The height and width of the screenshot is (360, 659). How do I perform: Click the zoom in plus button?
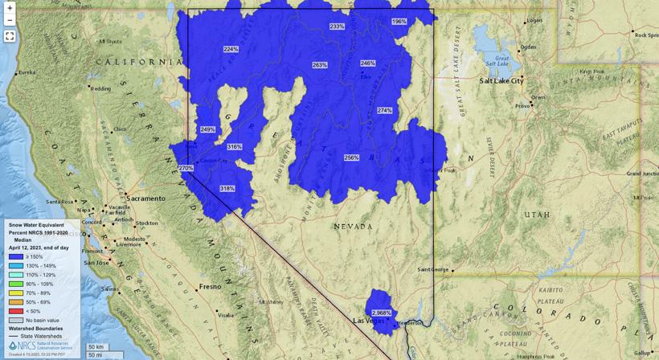tap(10, 8)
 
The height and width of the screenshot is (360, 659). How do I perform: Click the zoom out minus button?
tap(10, 20)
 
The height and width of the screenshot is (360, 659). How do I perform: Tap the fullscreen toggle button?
tap(10, 36)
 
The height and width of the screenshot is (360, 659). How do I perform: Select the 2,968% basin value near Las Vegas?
tap(382, 313)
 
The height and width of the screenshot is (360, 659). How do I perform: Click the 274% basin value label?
tap(385, 110)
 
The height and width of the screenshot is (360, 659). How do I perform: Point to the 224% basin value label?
tap(231, 49)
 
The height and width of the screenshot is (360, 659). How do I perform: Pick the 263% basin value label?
tap(320, 64)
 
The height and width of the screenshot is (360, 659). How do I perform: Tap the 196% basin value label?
tap(399, 22)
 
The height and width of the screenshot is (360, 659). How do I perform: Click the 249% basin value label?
tap(207, 129)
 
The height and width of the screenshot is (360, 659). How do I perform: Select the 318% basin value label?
tap(227, 188)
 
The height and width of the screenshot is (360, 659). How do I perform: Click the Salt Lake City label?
tap(501, 81)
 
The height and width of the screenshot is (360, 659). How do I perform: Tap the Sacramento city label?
tap(145, 198)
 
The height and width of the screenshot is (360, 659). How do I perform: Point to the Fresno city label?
tap(210, 286)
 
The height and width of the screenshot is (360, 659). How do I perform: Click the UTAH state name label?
tap(537, 215)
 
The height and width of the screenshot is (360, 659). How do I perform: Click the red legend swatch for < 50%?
tap(15, 310)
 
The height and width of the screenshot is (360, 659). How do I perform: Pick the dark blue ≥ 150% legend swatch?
tap(15, 256)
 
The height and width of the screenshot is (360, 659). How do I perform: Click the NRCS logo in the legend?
tap(23, 346)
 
